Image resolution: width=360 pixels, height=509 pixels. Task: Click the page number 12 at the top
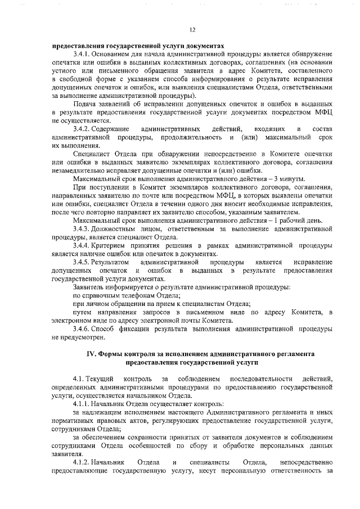tap(192, 30)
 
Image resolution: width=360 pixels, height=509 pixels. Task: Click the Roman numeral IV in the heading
tap(91, 354)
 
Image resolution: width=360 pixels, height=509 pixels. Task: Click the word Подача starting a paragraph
tap(85, 105)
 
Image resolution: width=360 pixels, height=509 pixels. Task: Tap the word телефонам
tap(133, 295)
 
